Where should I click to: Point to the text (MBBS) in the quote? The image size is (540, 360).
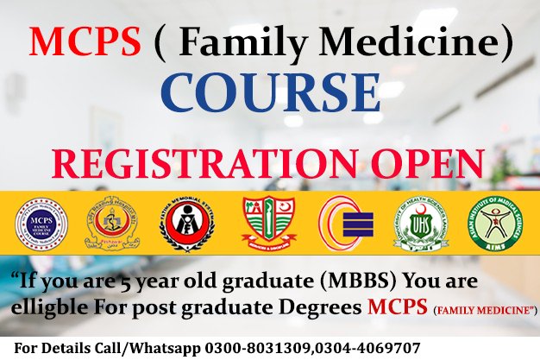tap(329, 282)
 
